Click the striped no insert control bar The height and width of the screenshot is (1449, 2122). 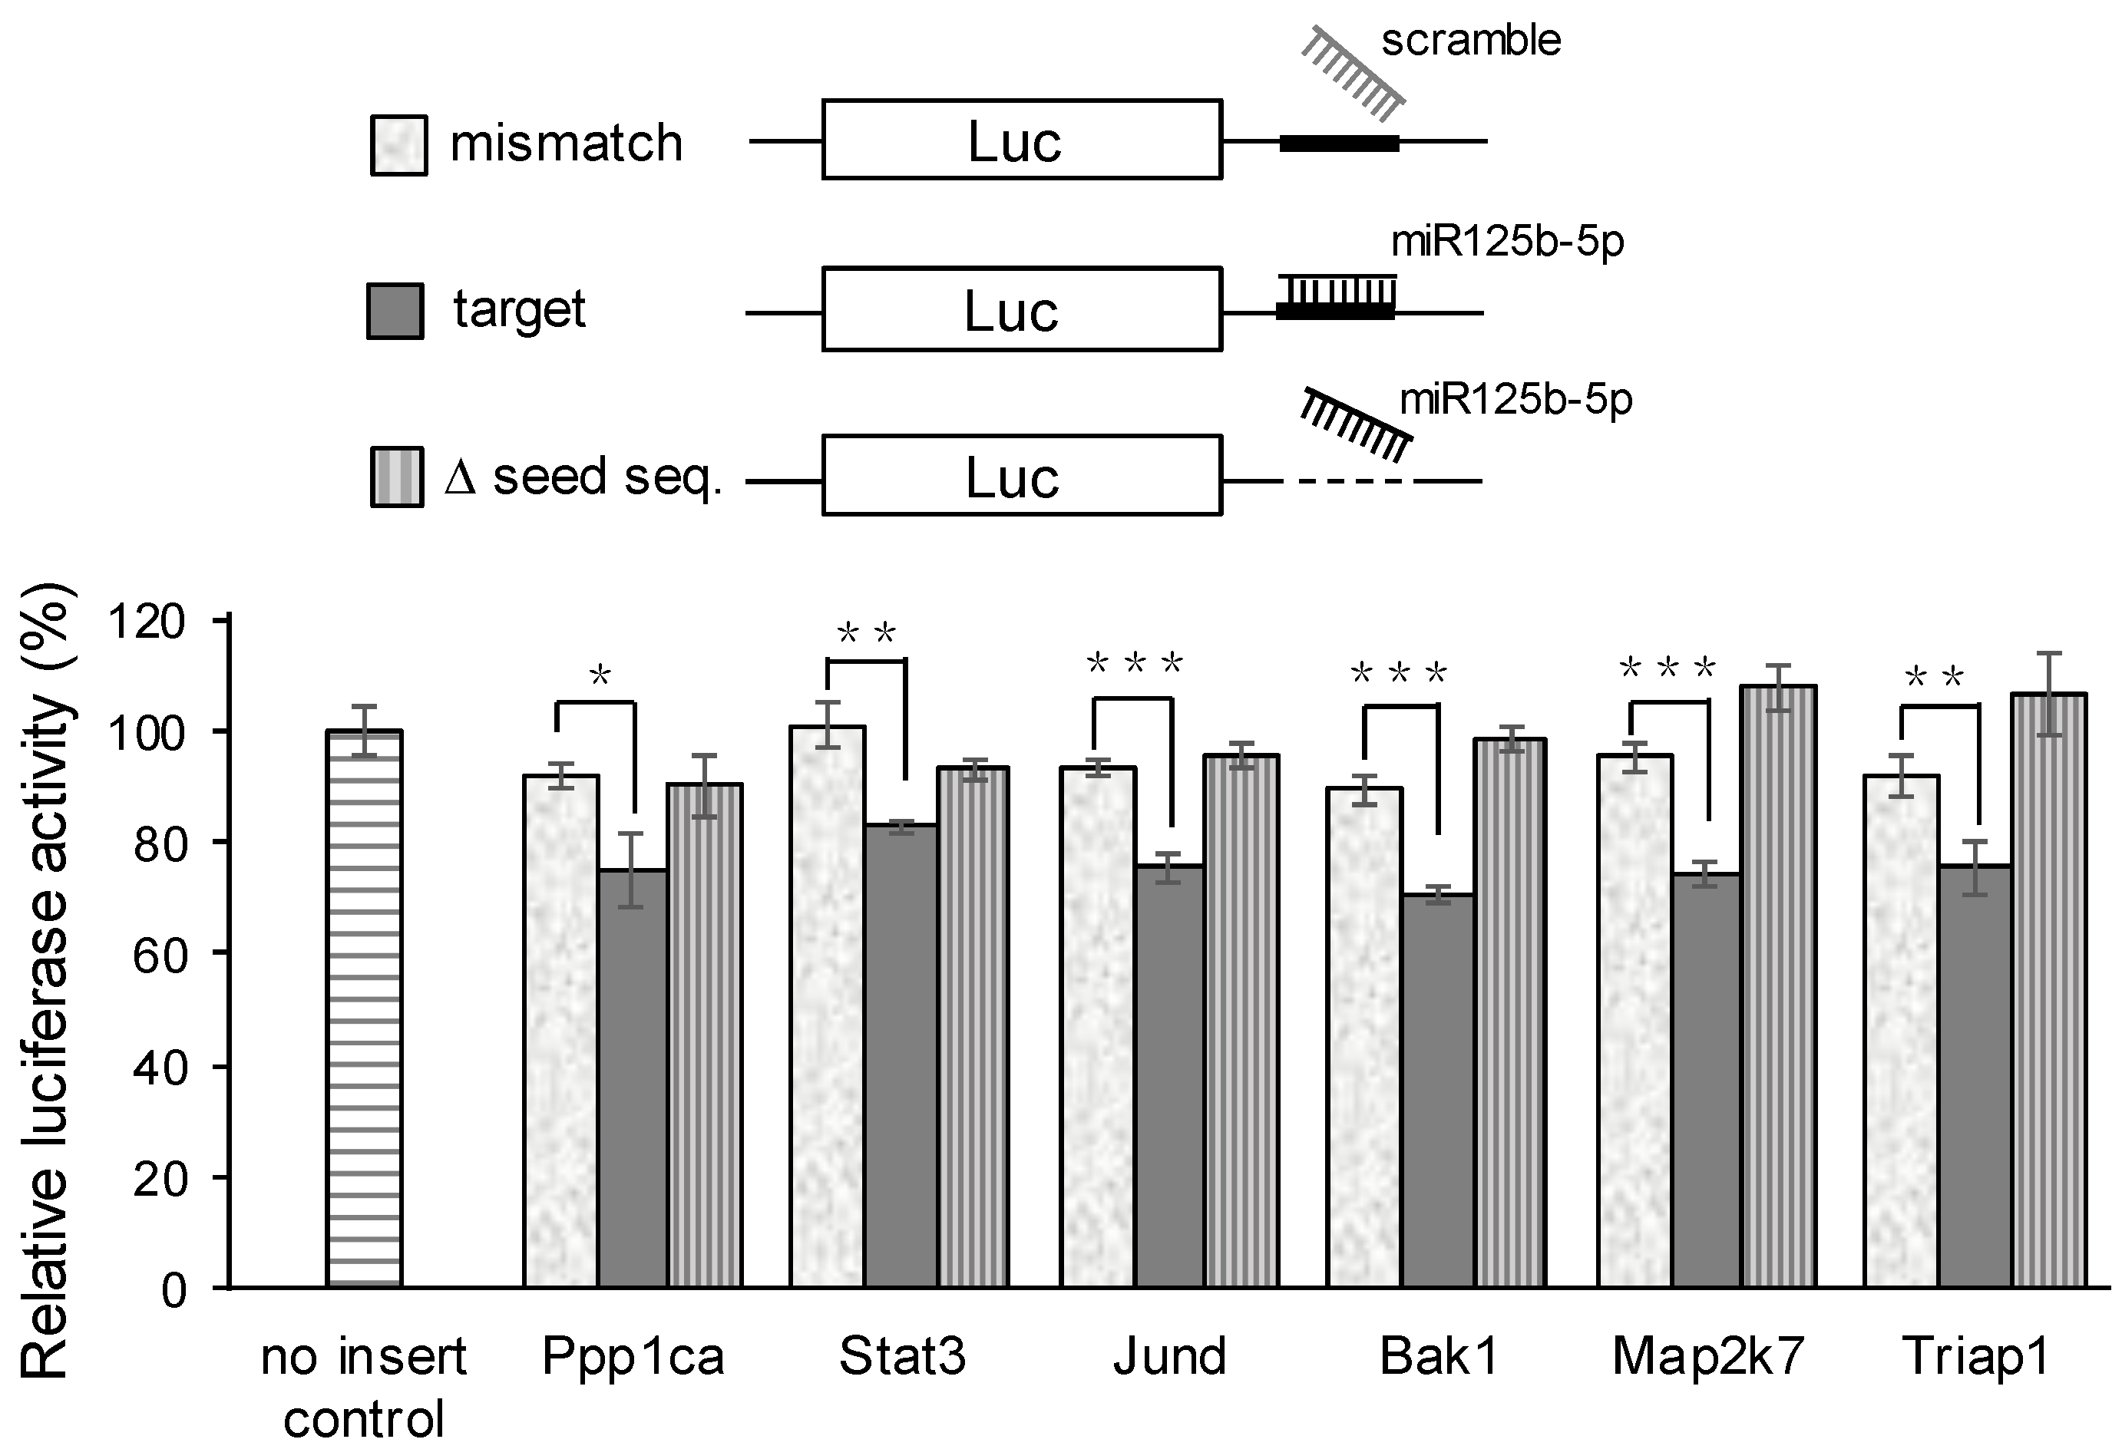click(365, 1009)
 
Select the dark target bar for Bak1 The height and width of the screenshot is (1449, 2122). click(1437, 1091)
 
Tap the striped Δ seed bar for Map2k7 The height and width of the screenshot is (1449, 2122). click(1779, 986)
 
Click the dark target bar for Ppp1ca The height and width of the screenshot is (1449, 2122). click(633, 1078)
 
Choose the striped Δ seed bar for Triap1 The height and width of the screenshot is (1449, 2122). click(2048, 991)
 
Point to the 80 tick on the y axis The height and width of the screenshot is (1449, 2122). click(219, 841)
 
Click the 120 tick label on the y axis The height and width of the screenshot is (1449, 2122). click(146, 622)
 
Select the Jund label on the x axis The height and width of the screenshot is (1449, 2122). click(1170, 1356)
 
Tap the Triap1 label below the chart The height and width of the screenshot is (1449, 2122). click(1976, 1356)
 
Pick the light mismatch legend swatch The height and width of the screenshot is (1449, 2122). click(398, 144)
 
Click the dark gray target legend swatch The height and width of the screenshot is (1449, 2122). click(395, 312)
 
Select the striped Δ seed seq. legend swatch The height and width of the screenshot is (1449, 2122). click(396, 477)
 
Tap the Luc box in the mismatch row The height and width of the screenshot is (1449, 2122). click(1022, 140)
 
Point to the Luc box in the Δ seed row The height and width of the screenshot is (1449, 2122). click(1022, 476)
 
